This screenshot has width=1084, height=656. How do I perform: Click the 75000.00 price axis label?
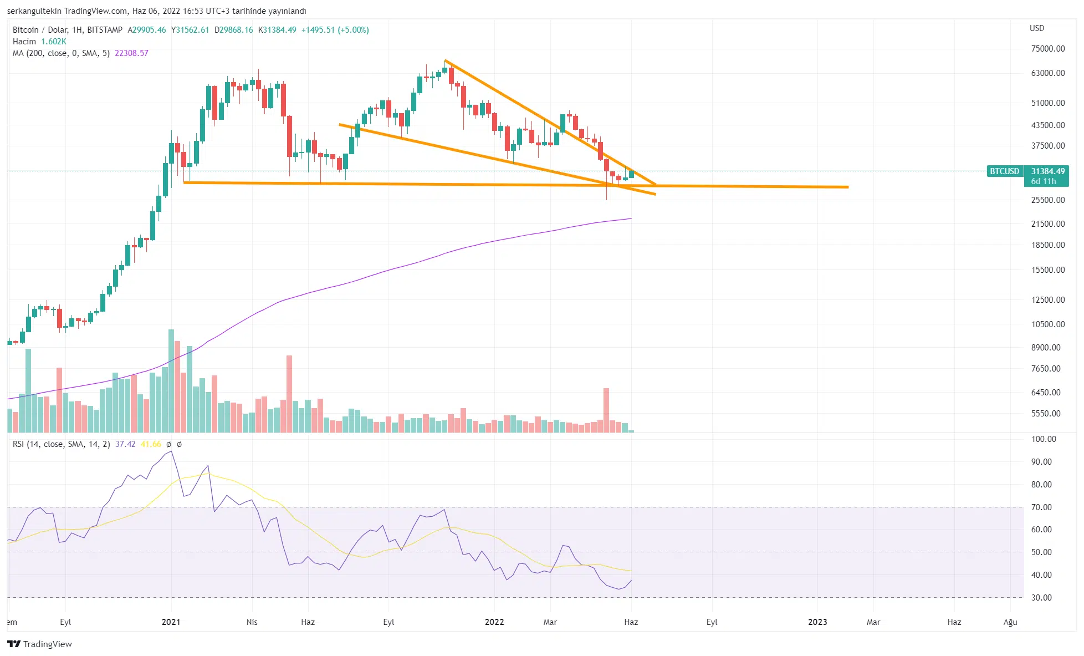[x=1047, y=49]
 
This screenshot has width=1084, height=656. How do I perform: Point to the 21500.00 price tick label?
[x=1047, y=224]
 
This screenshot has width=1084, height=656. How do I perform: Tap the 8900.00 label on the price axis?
[x=1045, y=348]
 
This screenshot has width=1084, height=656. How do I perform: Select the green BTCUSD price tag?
[x=1004, y=171]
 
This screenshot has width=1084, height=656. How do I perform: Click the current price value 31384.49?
[x=1047, y=171]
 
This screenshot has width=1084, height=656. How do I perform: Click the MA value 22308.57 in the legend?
[x=131, y=53]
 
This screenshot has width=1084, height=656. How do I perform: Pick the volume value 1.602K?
[x=54, y=42]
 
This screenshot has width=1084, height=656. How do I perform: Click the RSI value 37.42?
[x=125, y=444]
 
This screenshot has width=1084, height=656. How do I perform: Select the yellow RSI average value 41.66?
[x=151, y=444]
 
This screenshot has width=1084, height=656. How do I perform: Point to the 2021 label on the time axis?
[x=171, y=622]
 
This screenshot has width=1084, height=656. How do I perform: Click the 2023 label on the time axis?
[x=817, y=622]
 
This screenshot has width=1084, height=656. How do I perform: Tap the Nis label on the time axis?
[x=252, y=622]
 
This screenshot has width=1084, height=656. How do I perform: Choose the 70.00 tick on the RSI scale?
[x=1041, y=507]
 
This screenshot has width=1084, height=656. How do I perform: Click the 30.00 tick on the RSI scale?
[x=1041, y=598]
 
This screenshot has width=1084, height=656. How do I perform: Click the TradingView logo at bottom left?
[x=39, y=644]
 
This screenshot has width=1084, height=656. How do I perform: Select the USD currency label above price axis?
[x=1036, y=28]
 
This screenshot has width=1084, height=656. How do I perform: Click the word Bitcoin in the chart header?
[x=25, y=30]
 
